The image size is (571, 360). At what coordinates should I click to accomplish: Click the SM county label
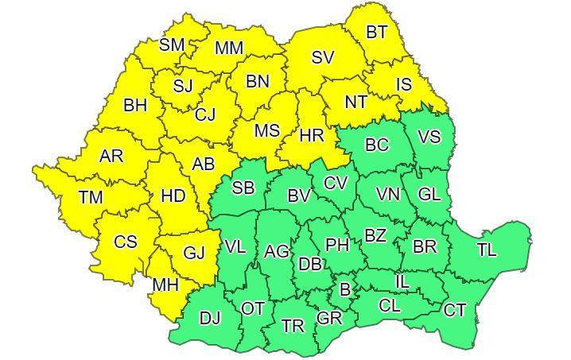point(172,45)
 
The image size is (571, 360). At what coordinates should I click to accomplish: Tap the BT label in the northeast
point(377,33)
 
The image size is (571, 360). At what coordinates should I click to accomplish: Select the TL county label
point(487,250)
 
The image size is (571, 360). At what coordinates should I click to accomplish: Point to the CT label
point(454,310)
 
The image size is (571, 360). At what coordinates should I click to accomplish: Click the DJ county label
point(210,318)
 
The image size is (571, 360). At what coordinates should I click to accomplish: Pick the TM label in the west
point(91,195)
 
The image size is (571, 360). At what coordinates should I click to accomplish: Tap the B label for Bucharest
point(344,290)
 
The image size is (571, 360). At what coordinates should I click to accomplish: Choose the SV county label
point(322,57)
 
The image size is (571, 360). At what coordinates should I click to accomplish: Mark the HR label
point(312,135)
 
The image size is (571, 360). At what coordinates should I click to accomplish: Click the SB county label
point(243,188)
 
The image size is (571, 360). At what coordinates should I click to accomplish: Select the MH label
point(165,285)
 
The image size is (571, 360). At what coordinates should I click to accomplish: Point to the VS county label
point(429,137)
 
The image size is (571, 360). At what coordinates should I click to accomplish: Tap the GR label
point(328,319)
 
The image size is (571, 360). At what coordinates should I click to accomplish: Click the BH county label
point(135,104)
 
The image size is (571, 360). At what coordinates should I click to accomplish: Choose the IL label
point(402,281)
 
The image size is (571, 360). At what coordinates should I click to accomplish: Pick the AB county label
point(204,165)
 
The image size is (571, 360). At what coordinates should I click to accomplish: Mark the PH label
point(337,245)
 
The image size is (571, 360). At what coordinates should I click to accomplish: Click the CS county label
point(126,242)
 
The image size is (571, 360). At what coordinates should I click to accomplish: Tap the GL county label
point(429,194)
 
